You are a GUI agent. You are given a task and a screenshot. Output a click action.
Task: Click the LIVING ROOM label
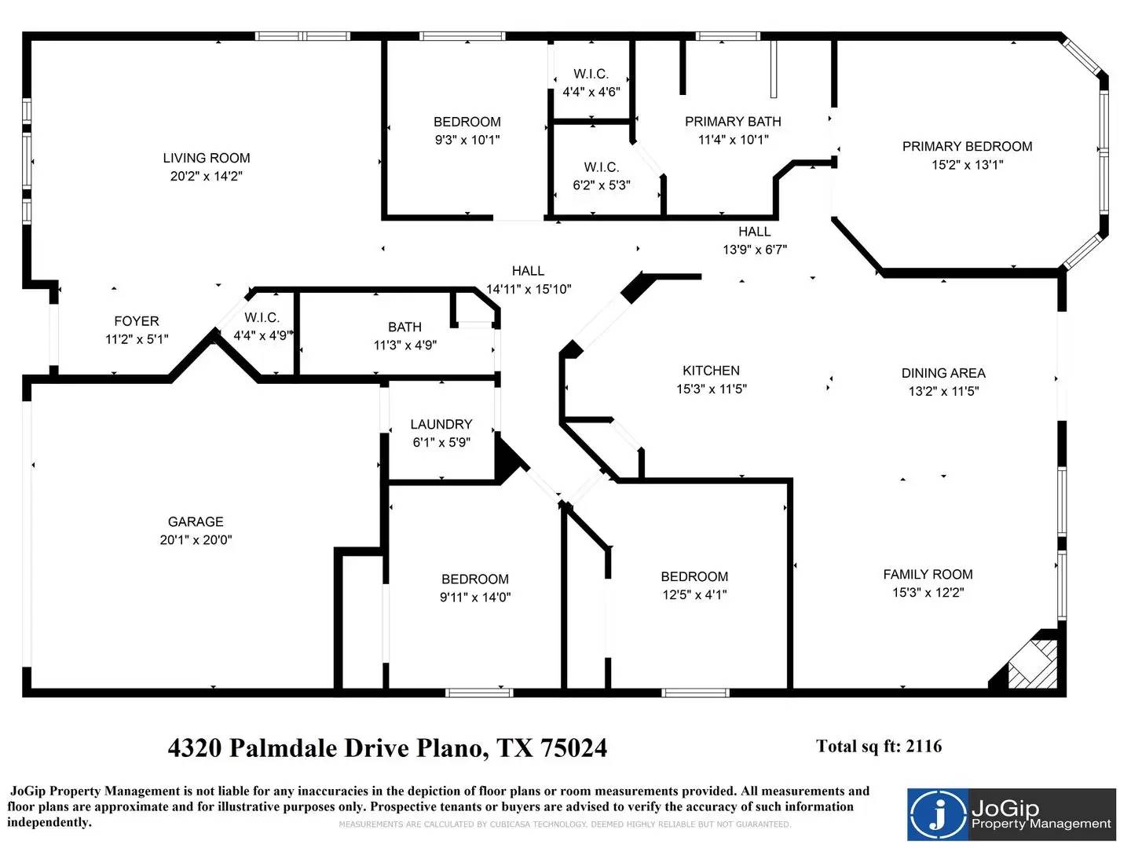(207, 158)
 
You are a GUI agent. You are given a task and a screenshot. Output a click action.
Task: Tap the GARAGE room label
(196, 521)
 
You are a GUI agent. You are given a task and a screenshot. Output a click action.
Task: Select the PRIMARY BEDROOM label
(967, 146)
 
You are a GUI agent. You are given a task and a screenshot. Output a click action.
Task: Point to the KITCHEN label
(711, 370)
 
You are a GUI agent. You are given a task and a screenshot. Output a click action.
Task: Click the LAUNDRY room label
(441, 424)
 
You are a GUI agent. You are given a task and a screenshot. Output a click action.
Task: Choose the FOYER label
(137, 321)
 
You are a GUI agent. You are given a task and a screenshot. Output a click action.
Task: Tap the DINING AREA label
(943, 373)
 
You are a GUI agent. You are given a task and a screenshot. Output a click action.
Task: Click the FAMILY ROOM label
(928, 574)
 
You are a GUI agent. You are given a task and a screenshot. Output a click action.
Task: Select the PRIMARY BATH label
(733, 122)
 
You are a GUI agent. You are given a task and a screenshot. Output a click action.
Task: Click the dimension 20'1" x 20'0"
(196, 539)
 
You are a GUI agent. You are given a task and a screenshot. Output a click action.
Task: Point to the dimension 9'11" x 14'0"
(475, 597)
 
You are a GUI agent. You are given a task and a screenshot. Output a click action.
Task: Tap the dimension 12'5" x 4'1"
(694, 594)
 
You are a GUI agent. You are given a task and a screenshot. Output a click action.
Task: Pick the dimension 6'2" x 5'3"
(602, 185)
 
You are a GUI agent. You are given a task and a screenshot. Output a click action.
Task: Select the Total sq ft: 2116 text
(879, 746)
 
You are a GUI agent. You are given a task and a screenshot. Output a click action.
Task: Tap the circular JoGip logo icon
(939, 814)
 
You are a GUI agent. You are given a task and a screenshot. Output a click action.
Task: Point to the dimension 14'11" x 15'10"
(529, 289)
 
